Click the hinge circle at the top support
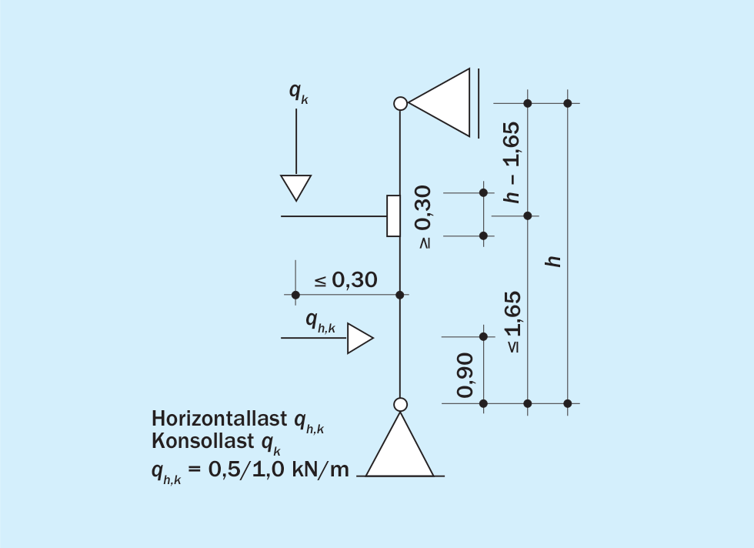[x=400, y=103]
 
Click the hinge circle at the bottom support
[x=400, y=405]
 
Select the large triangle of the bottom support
[x=399, y=445]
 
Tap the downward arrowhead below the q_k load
[x=295, y=188]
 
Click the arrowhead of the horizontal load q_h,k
[x=360, y=338]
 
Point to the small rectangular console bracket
[x=393, y=216]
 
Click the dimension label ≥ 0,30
[x=424, y=217]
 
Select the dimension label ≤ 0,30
[x=345, y=279]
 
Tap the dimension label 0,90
[x=465, y=376]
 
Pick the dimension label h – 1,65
[x=512, y=162]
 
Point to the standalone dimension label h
[x=553, y=260]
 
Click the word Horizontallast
[x=219, y=419]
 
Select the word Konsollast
[x=203, y=441]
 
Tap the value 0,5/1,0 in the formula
[x=246, y=469]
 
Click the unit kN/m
[x=320, y=469]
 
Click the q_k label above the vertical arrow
[x=299, y=92]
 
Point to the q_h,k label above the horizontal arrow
[x=320, y=322]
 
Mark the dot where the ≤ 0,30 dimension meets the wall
[x=399, y=295]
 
